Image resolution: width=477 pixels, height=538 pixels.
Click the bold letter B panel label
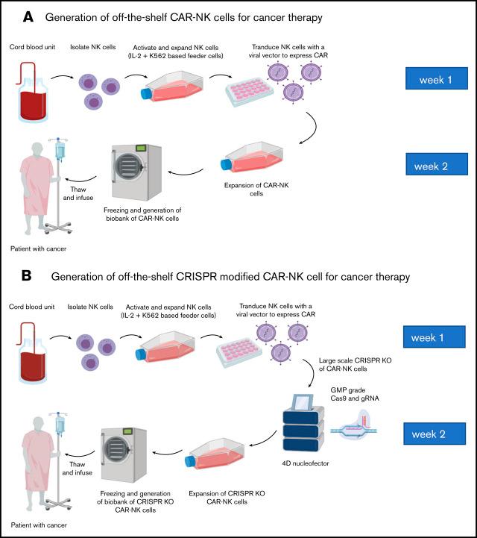coord(26,276)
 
